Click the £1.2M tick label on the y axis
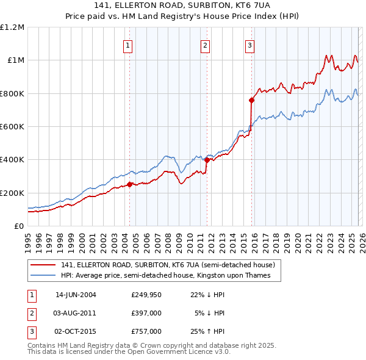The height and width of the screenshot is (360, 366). point(12,27)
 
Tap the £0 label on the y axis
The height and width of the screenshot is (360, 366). point(18,226)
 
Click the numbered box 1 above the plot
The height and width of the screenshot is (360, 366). point(128,45)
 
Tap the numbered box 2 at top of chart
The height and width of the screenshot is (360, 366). point(206,45)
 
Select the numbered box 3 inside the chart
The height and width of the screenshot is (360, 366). point(250,45)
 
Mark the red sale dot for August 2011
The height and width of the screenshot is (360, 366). point(207,160)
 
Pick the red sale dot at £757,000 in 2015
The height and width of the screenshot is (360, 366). point(251,100)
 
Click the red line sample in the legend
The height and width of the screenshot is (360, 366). point(44,265)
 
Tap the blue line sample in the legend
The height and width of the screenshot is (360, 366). point(44,275)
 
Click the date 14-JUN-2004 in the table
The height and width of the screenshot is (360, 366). point(76,295)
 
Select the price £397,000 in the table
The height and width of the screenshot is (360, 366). point(146,313)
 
